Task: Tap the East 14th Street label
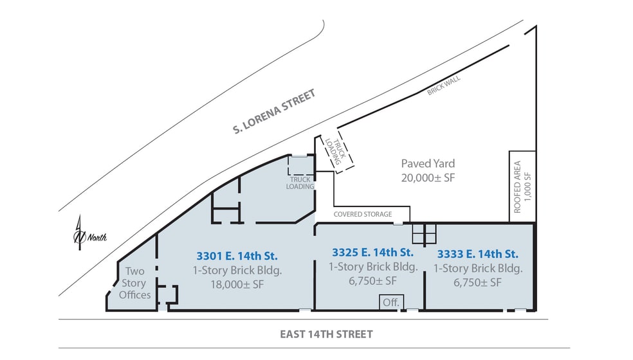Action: [326, 334]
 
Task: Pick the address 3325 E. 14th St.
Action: [372, 251]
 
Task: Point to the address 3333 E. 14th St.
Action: [477, 253]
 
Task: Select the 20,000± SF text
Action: [427, 177]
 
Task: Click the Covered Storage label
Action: [362, 214]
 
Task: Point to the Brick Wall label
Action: [444, 84]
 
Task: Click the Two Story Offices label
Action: [135, 283]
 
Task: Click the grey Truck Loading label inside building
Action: [301, 183]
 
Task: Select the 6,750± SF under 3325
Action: [372, 281]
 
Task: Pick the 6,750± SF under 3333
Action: [477, 283]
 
